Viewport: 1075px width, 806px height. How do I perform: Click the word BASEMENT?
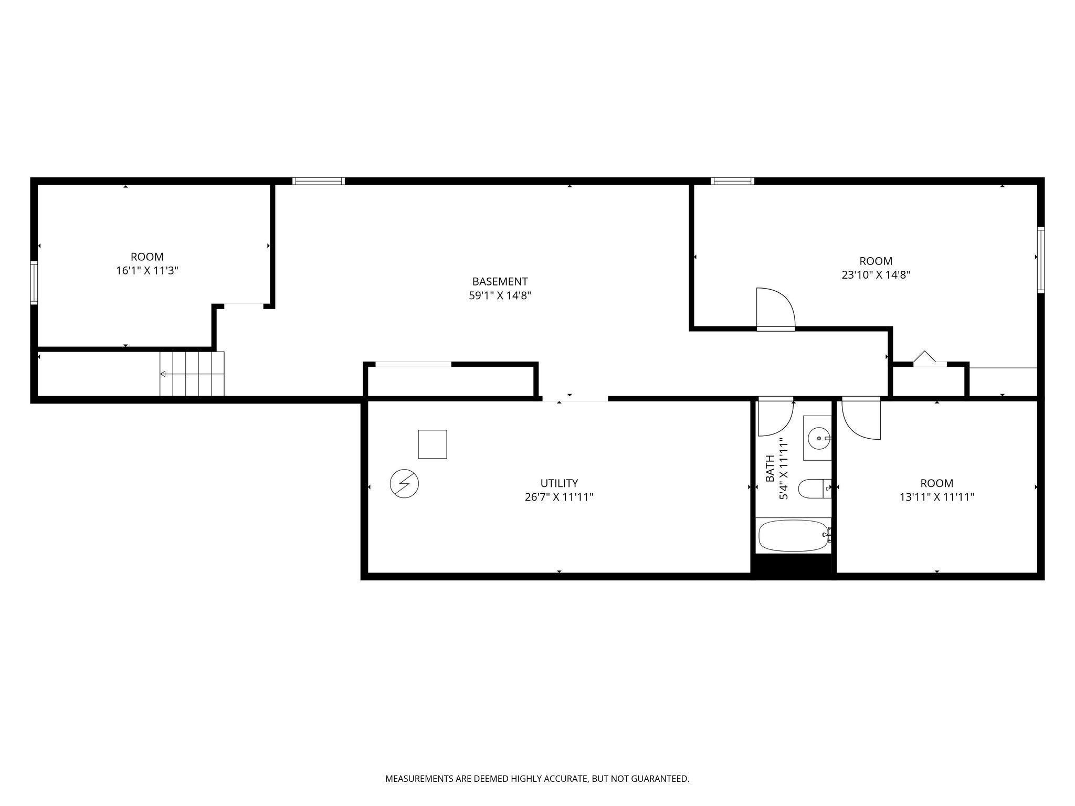click(x=500, y=282)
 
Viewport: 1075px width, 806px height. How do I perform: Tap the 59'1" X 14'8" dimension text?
click(x=500, y=295)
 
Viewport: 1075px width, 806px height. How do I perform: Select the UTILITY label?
click(x=559, y=483)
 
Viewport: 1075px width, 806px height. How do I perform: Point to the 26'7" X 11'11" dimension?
click(x=559, y=497)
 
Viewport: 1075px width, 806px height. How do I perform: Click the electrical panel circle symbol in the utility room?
click(x=404, y=483)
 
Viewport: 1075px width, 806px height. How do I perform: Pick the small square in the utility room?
click(x=432, y=444)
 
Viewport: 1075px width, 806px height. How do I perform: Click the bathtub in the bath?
click(x=793, y=536)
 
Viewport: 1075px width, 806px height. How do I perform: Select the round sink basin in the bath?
click(x=818, y=438)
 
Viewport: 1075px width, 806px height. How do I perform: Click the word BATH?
click(x=770, y=469)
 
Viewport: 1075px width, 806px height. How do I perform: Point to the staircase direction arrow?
click(x=163, y=374)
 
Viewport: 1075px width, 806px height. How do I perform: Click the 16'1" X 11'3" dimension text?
click(x=147, y=271)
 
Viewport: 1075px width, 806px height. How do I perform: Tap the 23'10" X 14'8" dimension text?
click(x=876, y=275)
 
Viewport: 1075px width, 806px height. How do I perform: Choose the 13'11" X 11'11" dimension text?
click(x=936, y=497)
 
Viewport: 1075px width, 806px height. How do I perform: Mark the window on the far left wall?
click(x=34, y=282)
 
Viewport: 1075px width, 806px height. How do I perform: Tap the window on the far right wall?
click(x=1040, y=260)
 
